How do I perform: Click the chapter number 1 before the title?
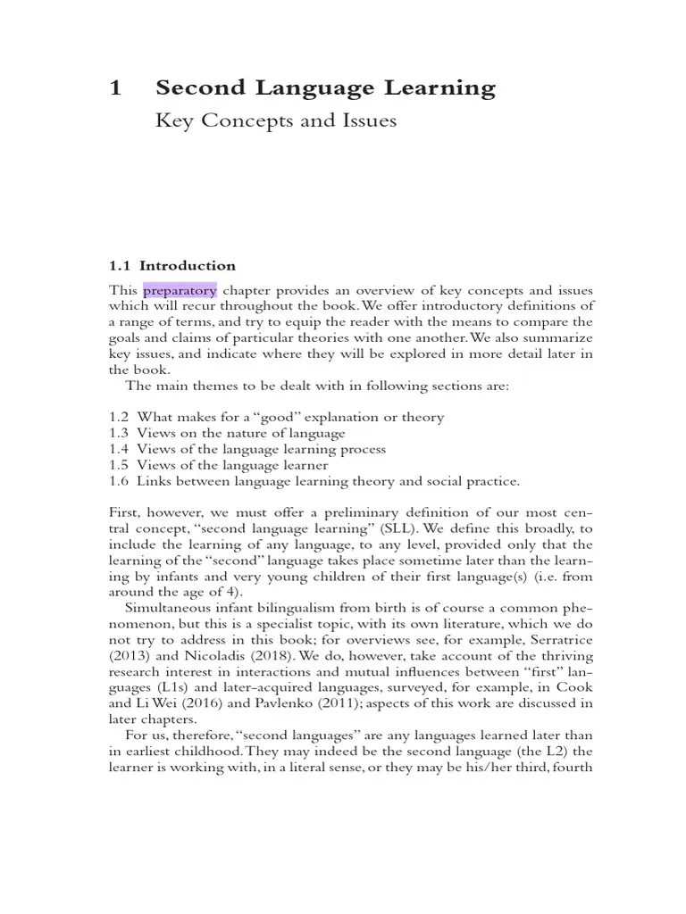114,87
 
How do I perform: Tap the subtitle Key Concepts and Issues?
276,120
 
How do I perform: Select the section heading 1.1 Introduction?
172,265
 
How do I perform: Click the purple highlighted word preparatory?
180,290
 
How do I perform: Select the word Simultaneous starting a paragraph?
174,610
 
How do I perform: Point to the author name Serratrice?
560,642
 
